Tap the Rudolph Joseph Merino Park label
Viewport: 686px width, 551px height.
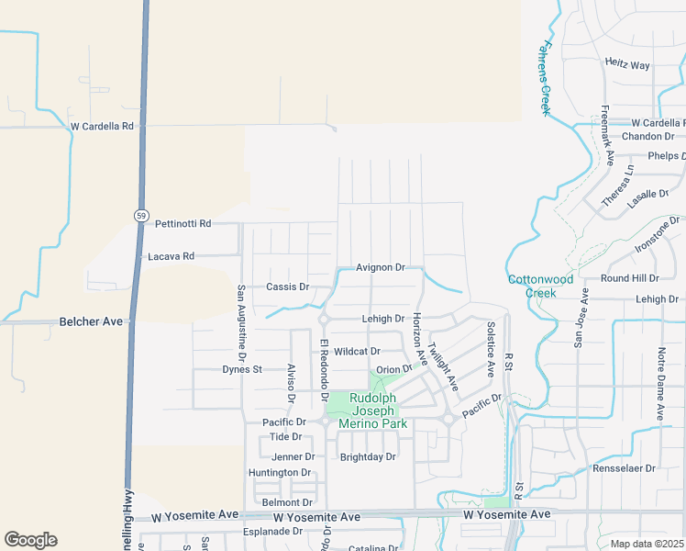coord(371,410)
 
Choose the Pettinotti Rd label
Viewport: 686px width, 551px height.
coord(183,223)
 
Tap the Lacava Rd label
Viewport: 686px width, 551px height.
coord(171,256)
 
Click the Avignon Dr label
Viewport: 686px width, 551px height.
coord(381,267)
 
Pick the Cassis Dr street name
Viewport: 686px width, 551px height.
coord(287,287)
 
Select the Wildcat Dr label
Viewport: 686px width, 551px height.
coord(357,351)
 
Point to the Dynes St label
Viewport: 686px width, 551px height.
coord(242,369)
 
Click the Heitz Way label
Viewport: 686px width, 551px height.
coord(627,65)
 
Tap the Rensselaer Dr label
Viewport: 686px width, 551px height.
coord(625,467)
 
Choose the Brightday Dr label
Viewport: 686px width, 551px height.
coord(368,456)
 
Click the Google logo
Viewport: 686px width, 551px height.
coord(31,540)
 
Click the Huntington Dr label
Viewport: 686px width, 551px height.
coord(280,473)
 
